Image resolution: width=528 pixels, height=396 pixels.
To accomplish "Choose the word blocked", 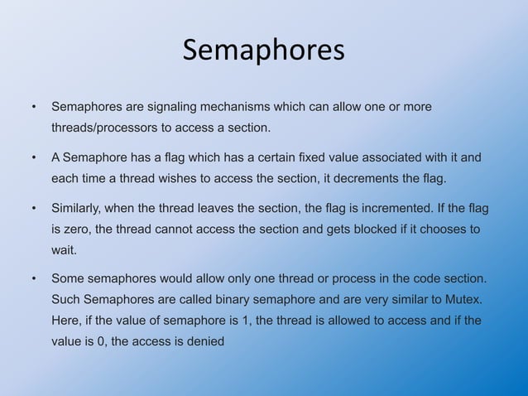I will pos(369,229).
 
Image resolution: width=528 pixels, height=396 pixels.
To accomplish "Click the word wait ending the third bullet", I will pos(64,249).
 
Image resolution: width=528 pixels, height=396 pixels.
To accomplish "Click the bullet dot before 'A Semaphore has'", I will pos(34,157).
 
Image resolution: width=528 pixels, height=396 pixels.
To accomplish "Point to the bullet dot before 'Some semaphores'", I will pos(34,278).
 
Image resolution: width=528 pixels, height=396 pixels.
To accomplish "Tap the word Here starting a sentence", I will pos(65,320).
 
